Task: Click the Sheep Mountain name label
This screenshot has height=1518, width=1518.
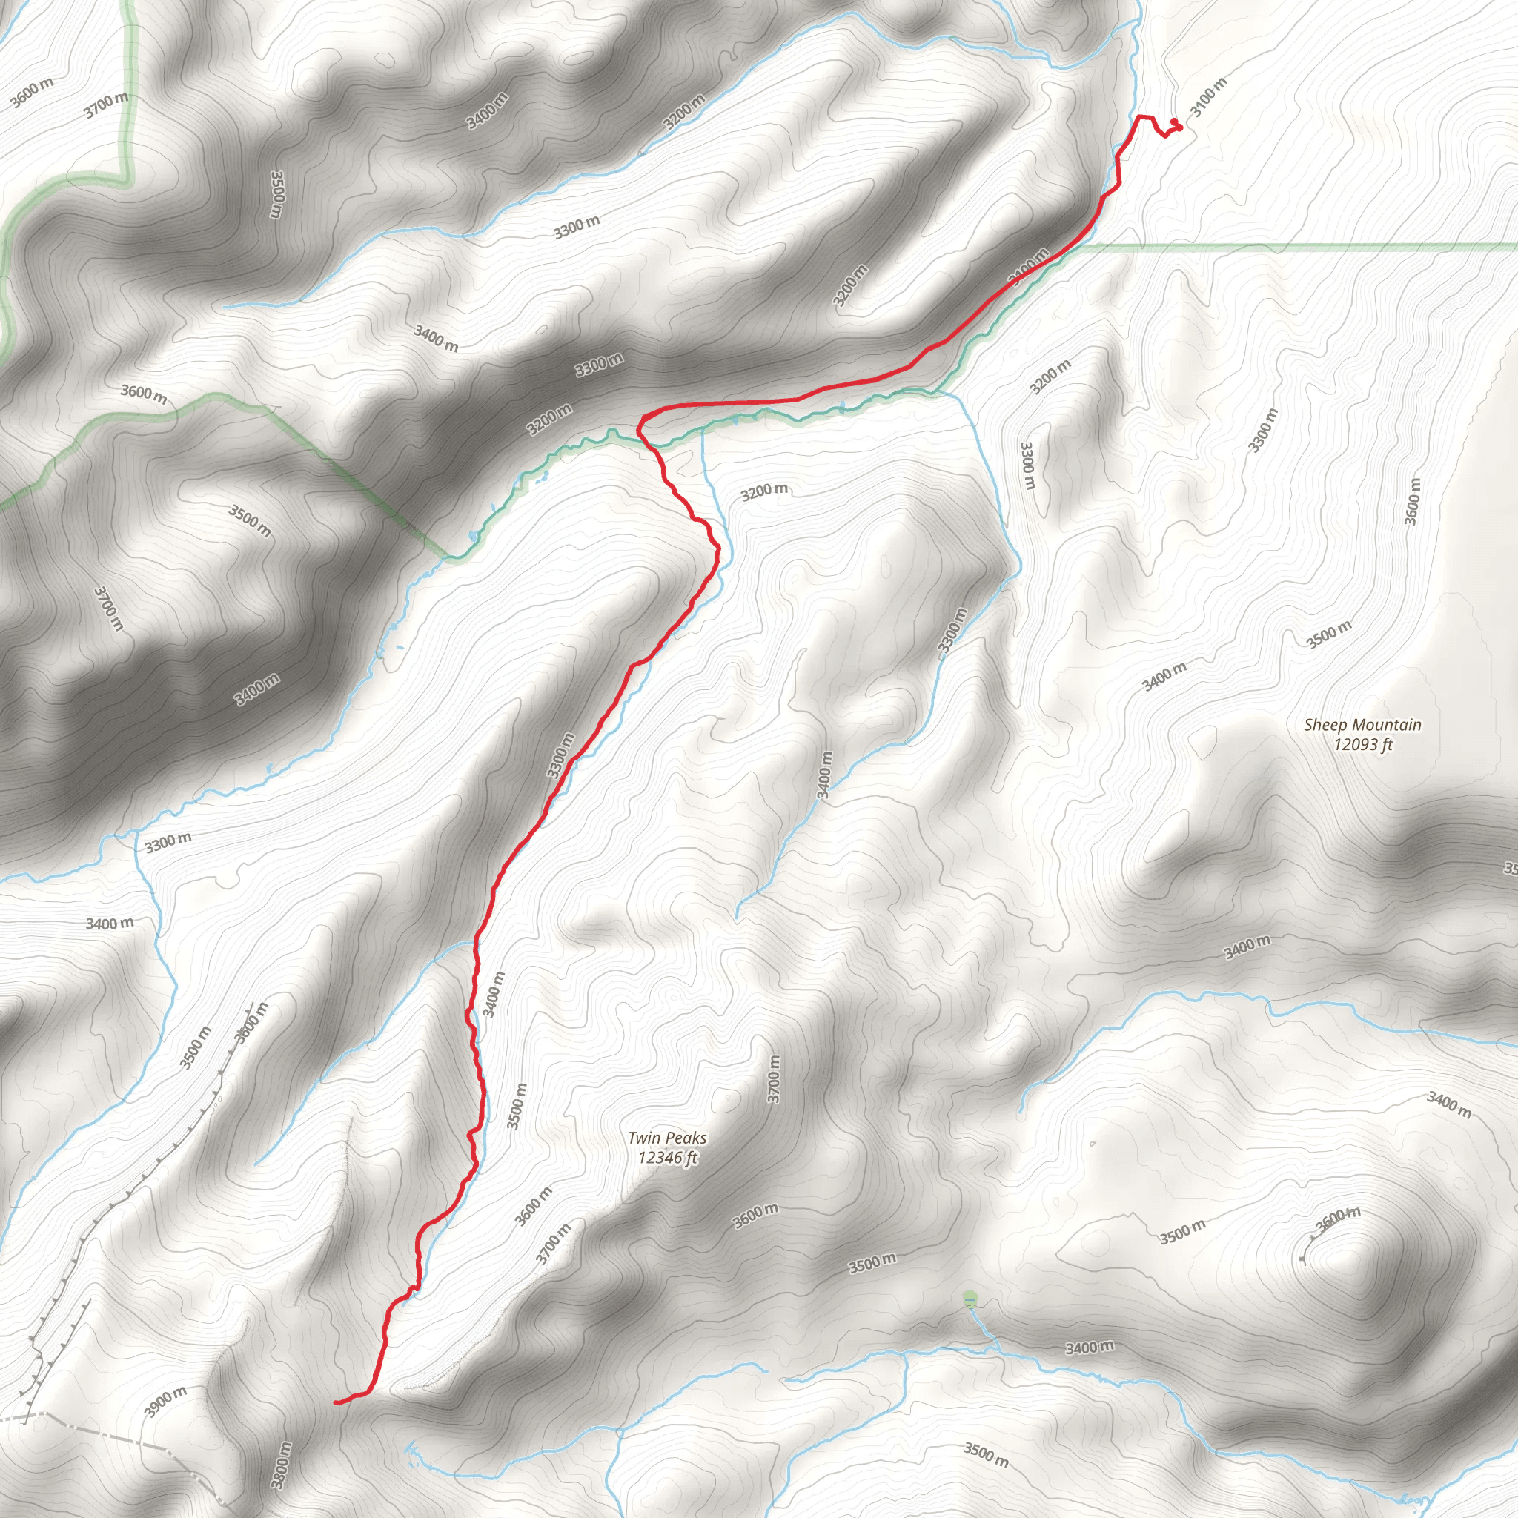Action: [1362, 724]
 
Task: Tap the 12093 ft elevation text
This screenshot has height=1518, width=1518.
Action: [1362, 743]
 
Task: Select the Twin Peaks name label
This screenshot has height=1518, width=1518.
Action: [667, 1138]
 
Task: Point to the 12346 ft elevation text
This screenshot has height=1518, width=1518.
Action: [667, 1156]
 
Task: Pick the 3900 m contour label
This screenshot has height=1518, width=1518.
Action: [166, 1401]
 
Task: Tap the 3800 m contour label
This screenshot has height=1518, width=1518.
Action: [280, 1465]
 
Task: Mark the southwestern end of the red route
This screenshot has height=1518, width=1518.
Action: [337, 1402]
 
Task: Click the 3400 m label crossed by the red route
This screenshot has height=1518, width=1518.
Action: [1029, 267]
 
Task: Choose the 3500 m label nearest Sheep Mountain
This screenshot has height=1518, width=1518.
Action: [1330, 634]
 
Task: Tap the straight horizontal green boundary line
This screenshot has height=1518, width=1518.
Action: [1296, 247]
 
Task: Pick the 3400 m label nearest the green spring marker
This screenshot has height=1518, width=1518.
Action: [1089, 1348]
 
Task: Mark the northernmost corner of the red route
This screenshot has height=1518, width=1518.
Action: [1139, 116]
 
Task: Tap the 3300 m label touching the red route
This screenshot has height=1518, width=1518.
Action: [561, 756]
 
